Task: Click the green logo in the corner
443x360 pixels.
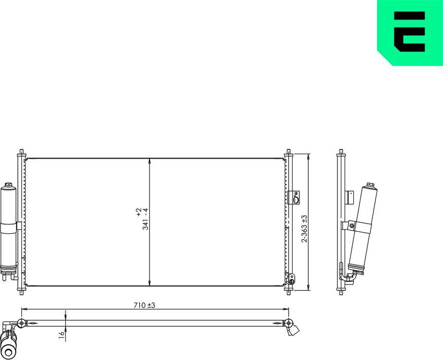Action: [x=410, y=31]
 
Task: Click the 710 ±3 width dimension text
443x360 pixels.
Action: [x=144, y=305]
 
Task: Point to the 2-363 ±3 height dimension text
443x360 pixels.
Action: [x=304, y=228]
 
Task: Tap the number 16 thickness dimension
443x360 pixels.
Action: [x=61, y=335]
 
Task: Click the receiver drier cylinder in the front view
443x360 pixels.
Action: [x=9, y=223]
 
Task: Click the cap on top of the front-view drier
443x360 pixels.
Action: [x=9, y=185]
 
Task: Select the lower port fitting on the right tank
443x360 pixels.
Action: [x=291, y=278]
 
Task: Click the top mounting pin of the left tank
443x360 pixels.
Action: [x=21, y=153]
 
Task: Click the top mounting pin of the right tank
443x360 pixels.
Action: [x=289, y=153]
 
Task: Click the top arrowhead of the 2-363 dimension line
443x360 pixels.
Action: [x=309, y=156]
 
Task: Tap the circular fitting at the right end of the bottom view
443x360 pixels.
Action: [x=288, y=323]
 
